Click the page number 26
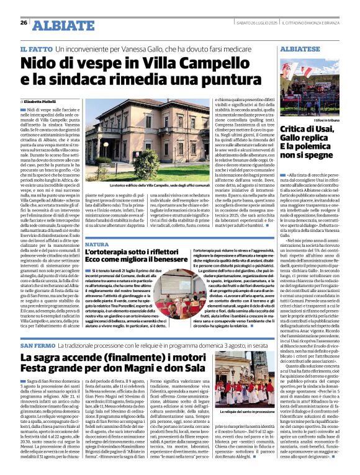coord(23,22)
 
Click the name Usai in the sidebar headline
coord(327,127)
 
